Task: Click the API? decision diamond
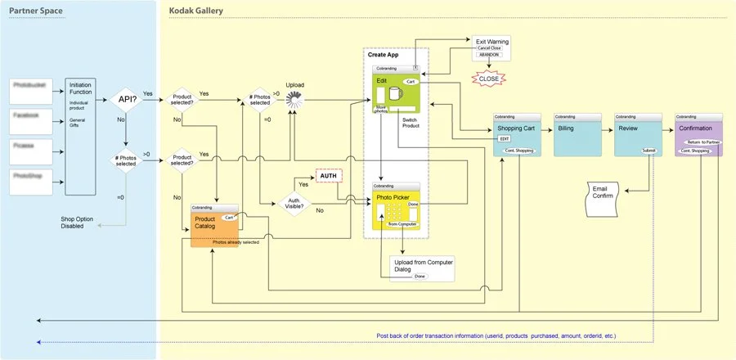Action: (x=126, y=101)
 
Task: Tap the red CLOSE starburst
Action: (x=487, y=79)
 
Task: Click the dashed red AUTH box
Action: (x=328, y=175)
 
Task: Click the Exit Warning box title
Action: (x=493, y=40)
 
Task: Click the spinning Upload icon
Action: (x=294, y=100)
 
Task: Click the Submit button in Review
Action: (x=648, y=151)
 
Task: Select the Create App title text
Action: (x=383, y=55)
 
